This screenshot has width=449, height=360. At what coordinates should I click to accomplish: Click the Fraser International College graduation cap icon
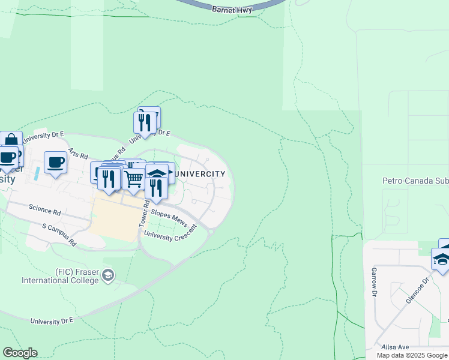tap(108, 275)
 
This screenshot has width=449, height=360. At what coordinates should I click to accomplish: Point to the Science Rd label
tap(45, 212)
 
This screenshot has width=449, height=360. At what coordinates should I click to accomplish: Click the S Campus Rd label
tap(59, 235)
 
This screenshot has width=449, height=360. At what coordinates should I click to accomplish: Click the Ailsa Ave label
tap(395, 347)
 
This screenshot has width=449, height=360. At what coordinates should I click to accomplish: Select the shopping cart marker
tap(134, 178)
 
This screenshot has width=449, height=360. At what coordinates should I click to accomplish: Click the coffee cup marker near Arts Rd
tap(55, 161)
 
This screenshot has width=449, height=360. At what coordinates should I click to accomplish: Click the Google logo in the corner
tap(20, 353)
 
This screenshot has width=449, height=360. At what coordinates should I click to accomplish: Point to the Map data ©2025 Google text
tap(412, 355)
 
